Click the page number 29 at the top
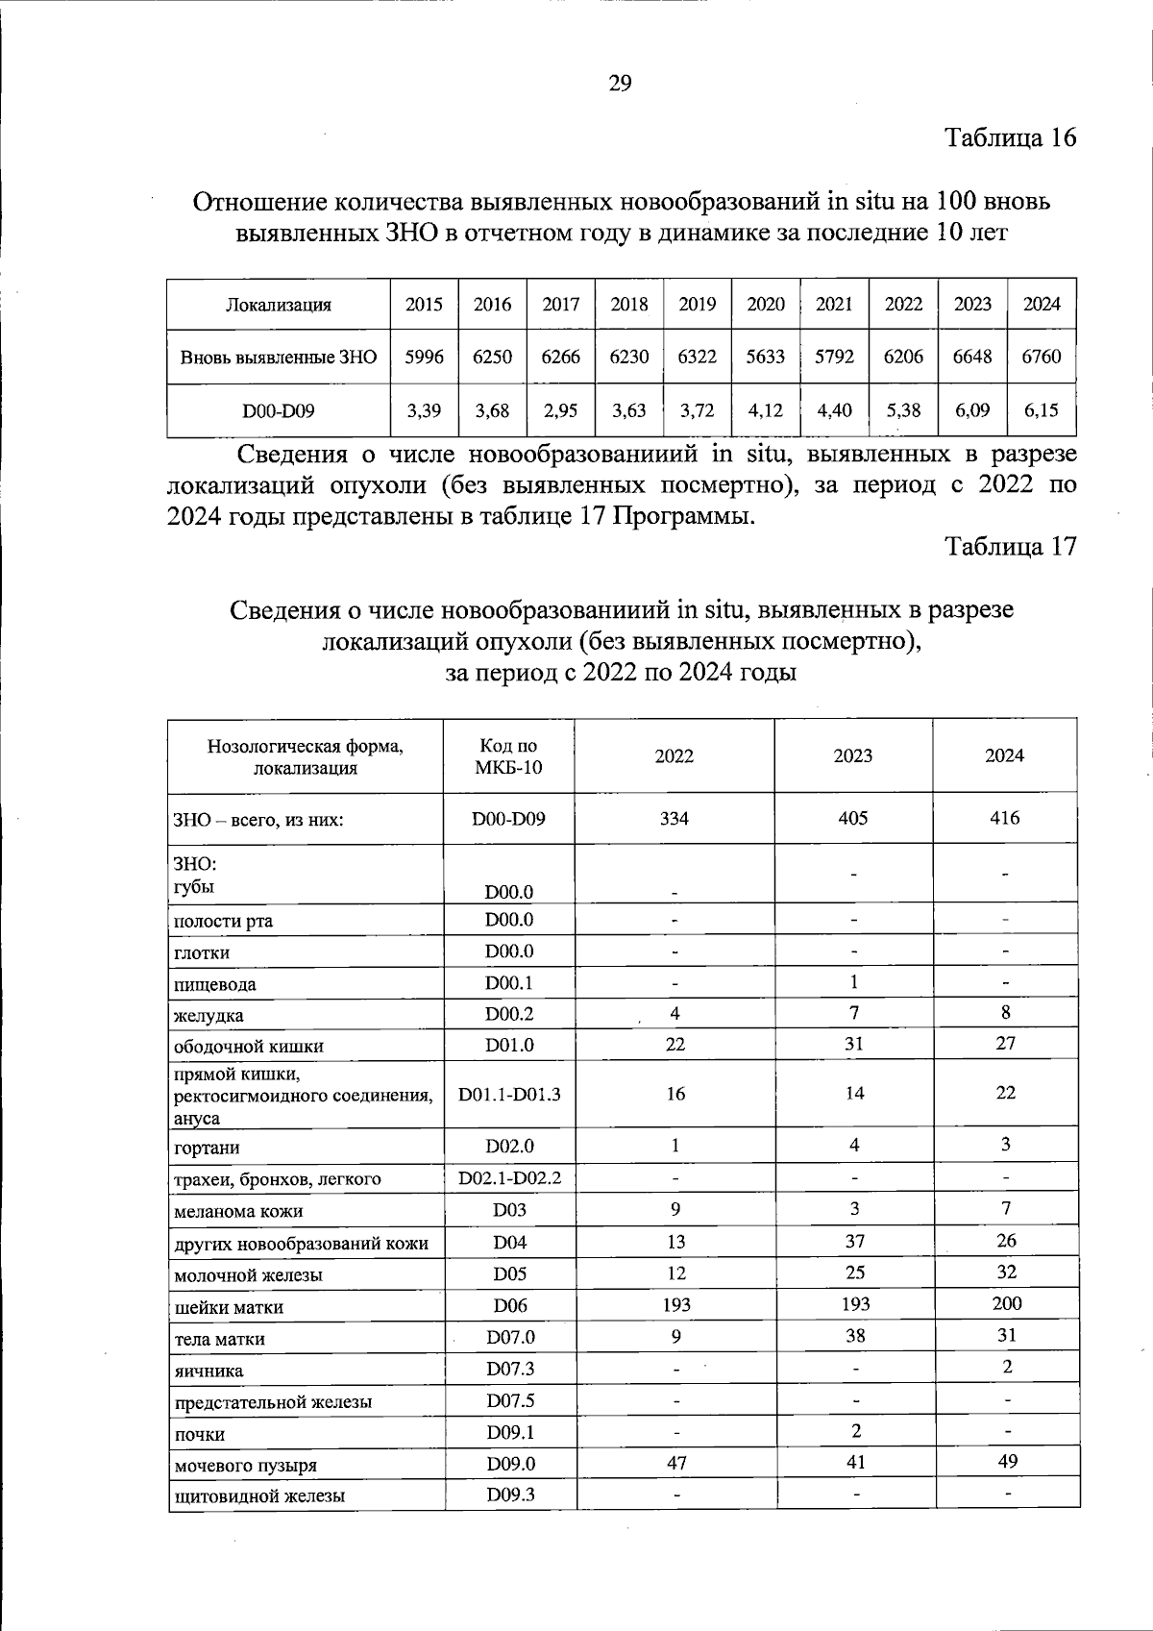[x=620, y=84]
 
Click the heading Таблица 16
[x=1010, y=137]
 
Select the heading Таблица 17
[x=1010, y=547]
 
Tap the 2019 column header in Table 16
[x=697, y=305]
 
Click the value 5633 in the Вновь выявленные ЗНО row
[x=766, y=357]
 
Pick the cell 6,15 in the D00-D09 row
[x=1041, y=410]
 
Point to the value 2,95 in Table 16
[x=560, y=410]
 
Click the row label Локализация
[x=278, y=306]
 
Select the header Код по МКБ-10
[x=508, y=756]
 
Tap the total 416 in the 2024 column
[x=1004, y=818]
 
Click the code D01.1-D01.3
[x=509, y=1094]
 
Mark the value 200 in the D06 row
[x=1006, y=1303]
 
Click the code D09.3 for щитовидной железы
[x=509, y=1495]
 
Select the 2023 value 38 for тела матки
[x=853, y=1335]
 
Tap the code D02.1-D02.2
[x=509, y=1177]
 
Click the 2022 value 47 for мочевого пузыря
[x=675, y=1463]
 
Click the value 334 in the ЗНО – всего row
[x=675, y=818]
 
